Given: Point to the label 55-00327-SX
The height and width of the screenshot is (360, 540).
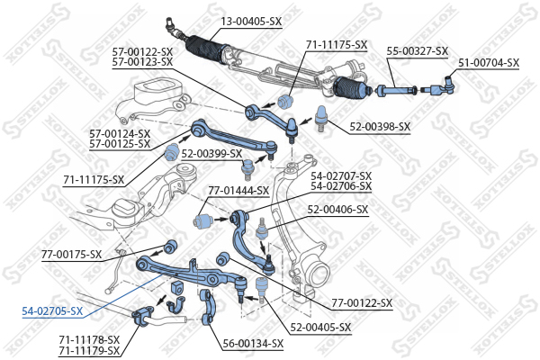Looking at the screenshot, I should [418, 51].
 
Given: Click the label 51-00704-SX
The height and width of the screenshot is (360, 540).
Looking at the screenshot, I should [489, 63].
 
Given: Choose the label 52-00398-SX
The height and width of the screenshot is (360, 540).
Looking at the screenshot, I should [379, 127].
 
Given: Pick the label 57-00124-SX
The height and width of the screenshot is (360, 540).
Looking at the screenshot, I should [120, 134].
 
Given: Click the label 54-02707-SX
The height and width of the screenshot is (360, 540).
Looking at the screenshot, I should [341, 176].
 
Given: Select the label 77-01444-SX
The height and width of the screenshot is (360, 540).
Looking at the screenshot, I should [238, 191].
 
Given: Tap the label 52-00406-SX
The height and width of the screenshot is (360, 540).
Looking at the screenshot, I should [337, 210].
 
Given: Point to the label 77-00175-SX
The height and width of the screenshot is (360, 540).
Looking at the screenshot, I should [72, 255].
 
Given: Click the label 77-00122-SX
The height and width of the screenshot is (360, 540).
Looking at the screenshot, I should [362, 304].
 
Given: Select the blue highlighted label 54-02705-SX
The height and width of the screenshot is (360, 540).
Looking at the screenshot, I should [53, 311].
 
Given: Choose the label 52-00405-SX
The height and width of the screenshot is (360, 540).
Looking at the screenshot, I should [320, 327].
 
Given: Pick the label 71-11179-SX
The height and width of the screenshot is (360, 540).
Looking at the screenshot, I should [89, 349].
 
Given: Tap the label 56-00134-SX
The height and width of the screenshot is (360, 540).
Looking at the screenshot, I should [253, 343].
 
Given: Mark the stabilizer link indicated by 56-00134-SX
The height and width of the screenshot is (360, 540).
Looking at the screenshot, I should [209, 306].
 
